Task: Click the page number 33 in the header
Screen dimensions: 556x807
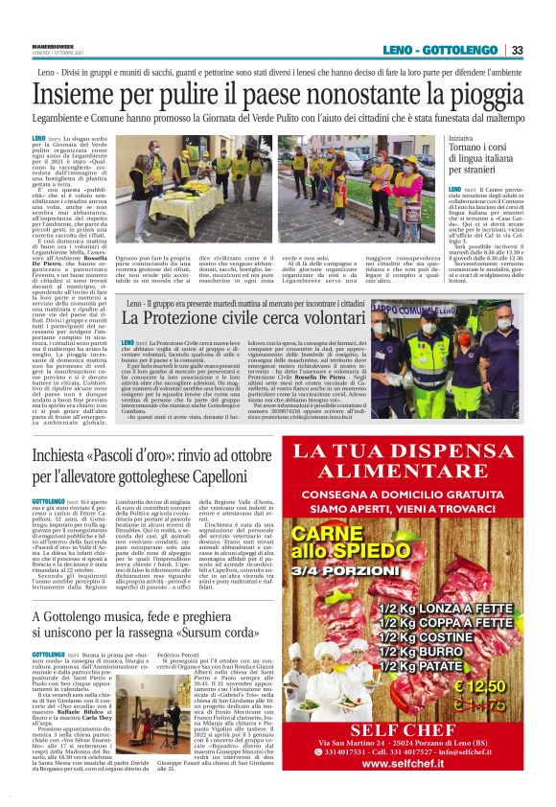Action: tap(517, 50)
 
